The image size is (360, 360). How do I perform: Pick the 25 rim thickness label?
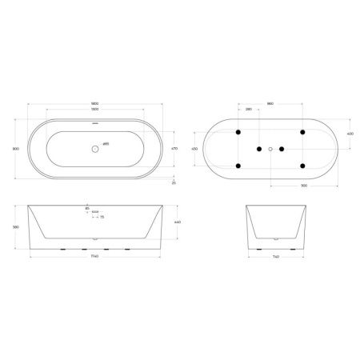pyautogui.click(x=174, y=182)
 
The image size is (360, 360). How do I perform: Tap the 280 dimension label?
pyautogui.click(x=249, y=110)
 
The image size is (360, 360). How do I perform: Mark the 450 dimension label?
pyautogui.click(x=194, y=148)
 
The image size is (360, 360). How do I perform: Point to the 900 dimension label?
pyautogui.click(x=305, y=186)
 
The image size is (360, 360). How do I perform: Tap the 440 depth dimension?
pyautogui.click(x=178, y=222)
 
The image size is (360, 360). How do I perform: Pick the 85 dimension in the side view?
pyautogui.click(x=86, y=208)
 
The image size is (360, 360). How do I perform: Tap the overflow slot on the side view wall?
pyautogui.click(x=95, y=212)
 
